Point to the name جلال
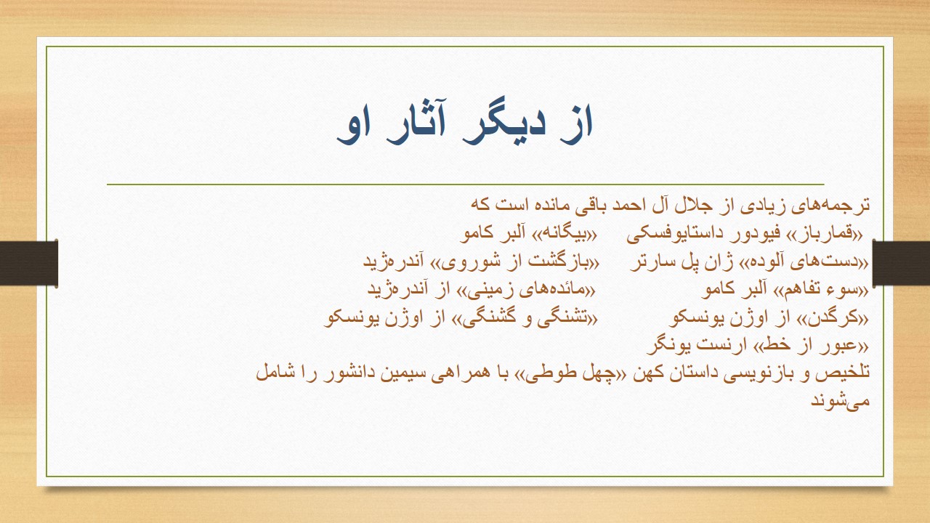tap(695, 206)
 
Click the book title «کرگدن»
tap(836, 318)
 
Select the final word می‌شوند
tap(841, 401)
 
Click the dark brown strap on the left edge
tap(28, 263)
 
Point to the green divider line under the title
tap(466, 184)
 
